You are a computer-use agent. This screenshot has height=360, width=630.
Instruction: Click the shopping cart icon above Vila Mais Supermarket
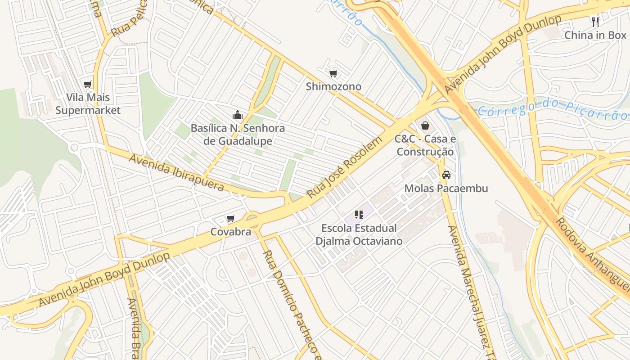click(x=88, y=84)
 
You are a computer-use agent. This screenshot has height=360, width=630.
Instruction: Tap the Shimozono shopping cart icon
click(x=333, y=73)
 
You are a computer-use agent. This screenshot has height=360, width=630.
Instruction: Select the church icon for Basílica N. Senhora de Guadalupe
click(x=238, y=115)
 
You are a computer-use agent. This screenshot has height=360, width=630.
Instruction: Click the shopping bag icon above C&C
click(x=425, y=126)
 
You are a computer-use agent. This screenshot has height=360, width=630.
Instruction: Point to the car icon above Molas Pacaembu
click(x=446, y=175)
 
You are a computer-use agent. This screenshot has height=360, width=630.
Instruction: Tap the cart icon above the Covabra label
click(x=231, y=219)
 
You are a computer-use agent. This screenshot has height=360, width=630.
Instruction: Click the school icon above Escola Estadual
click(x=359, y=215)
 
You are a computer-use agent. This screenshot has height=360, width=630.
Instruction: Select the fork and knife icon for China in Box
click(x=595, y=22)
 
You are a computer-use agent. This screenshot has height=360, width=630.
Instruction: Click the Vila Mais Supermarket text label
click(x=88, y=104)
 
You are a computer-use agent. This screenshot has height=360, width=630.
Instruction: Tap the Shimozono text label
click(x=333, y=86)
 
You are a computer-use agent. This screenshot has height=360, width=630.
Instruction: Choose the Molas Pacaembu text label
click(x=446, y=188)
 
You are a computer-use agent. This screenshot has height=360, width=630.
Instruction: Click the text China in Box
click(x=595, y=35)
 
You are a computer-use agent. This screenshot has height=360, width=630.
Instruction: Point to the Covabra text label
click(x=231, y=232)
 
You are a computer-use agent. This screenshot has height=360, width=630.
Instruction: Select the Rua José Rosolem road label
click(x=345, y=167)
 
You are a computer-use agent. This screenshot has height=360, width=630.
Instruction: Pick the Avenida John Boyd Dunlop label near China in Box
click(x=503, y=54)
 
